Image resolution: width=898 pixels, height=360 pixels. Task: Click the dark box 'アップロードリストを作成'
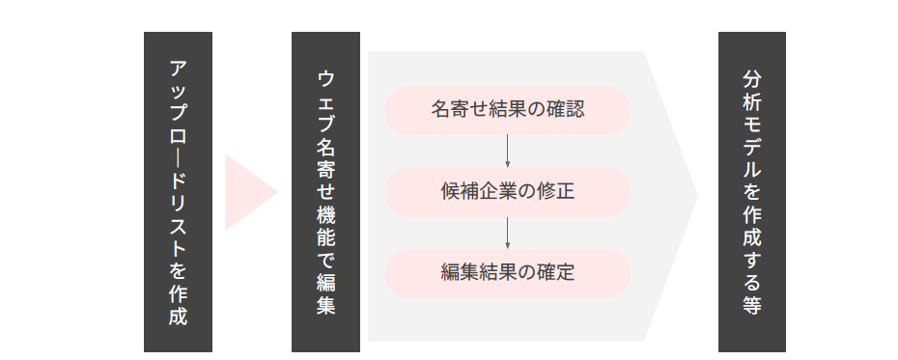(x=178, y=191)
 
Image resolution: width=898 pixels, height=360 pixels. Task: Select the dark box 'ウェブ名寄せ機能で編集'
(x=325, y=191)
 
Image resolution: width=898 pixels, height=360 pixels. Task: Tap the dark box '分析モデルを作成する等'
(x=752, y=191)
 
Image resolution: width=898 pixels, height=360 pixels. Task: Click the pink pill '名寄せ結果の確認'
(x=508, y=110)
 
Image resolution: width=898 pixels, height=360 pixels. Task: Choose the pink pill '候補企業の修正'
(x=508, y=192)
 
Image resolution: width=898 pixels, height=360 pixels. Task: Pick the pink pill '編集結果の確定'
(x=508, y=273)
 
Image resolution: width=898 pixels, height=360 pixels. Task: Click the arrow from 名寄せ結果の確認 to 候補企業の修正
(x=508, y=151)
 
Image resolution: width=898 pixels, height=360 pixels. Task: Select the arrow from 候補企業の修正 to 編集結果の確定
(x=508, y=233)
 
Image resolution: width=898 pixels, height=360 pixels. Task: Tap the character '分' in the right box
(x=752, y=78)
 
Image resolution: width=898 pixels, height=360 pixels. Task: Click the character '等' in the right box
(x=752, y=306)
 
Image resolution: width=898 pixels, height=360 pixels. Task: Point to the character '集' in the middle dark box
(x=325, y=306)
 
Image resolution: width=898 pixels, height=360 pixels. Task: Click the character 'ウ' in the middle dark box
(x=325, y=78)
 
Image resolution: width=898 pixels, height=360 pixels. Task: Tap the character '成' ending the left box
(x=178, y=316)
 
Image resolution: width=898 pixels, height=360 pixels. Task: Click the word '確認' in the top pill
(x=565, y=110)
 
